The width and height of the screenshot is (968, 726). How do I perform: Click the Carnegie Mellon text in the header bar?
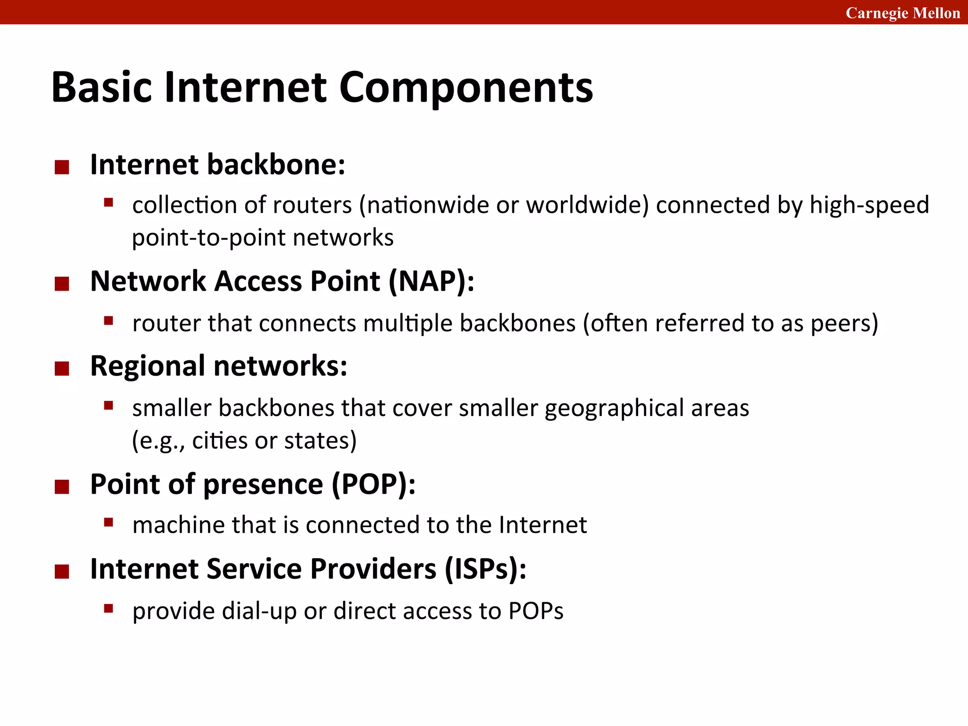tap(902, 13)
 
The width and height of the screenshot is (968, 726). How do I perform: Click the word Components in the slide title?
tap(466, 88)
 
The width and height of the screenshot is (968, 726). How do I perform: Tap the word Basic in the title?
tap(102, 88)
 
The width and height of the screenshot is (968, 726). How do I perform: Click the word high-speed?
tap(869, 205)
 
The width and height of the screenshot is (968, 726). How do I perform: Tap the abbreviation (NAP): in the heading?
tap(431, 281)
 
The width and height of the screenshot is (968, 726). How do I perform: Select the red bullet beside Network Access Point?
tap(62, 284)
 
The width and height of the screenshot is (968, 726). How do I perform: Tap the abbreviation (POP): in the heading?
tap(373, 484)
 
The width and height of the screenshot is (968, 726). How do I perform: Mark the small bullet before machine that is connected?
tap(109, 522)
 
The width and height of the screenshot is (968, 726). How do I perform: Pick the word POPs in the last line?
tap(536, 611)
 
